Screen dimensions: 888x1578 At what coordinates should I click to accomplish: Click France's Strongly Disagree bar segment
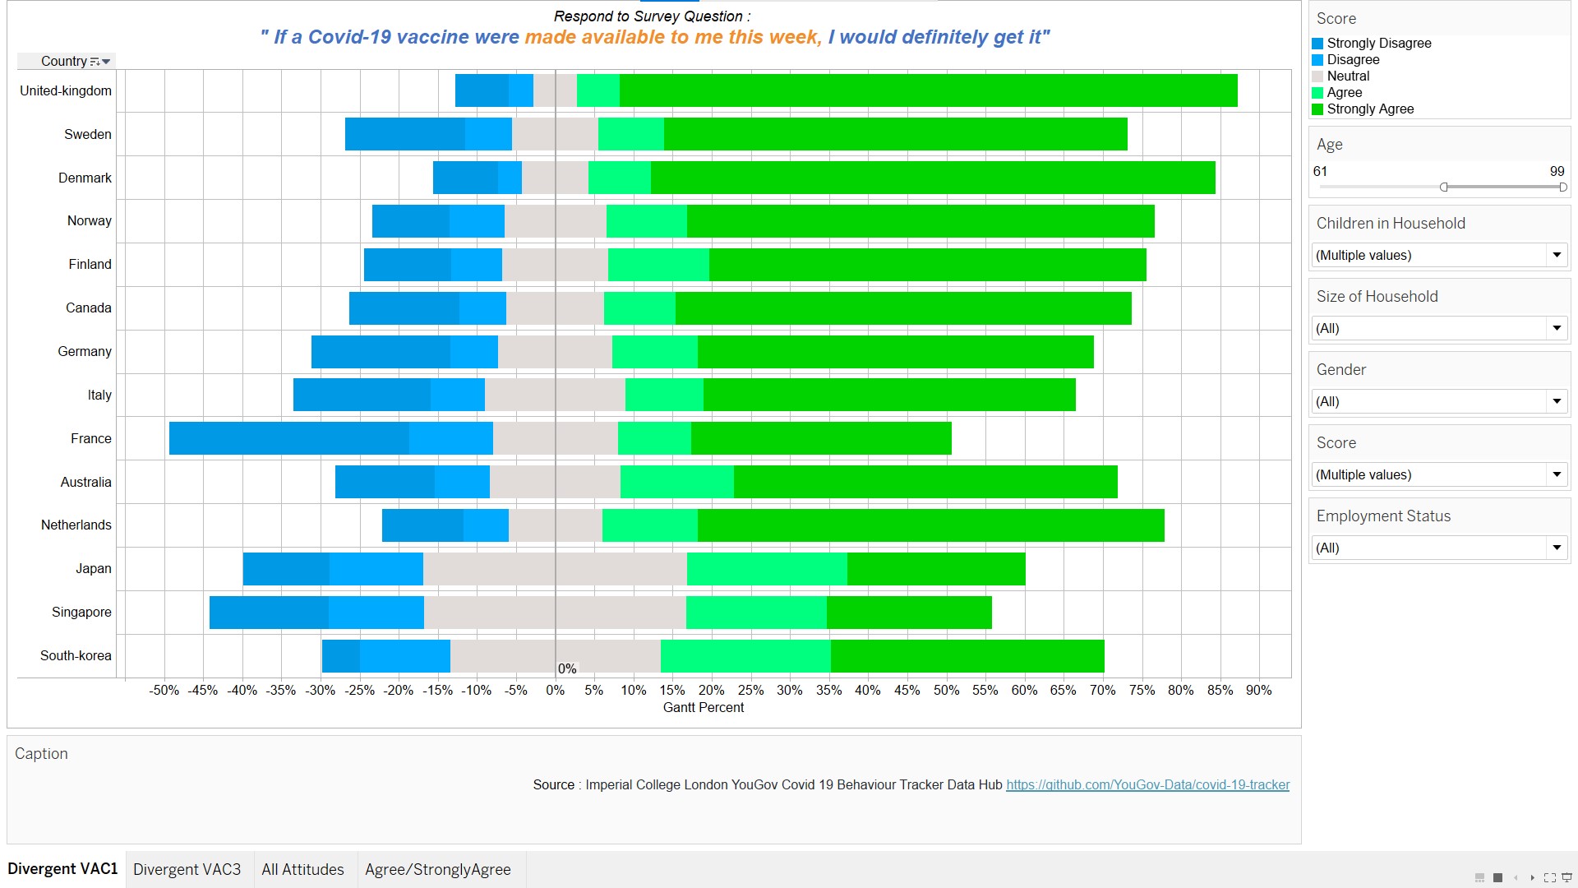[x=288, y=438]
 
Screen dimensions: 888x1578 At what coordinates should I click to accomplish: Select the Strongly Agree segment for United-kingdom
[x=928, y=90]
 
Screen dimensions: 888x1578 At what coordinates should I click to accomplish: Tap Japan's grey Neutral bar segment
[x=555, y=569]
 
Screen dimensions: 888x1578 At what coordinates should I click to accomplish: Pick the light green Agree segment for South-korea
[x=745, y=656]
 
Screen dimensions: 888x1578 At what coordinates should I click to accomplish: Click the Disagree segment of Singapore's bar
[x=376, y=613]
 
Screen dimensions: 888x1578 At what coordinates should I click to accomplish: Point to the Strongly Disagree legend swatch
[x=1317, y=44]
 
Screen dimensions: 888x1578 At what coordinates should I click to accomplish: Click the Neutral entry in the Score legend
[x=1348, y=76]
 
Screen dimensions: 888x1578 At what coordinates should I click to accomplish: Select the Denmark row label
[x=85, y=178]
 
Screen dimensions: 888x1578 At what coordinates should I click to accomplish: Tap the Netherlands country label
[x=76, y=525]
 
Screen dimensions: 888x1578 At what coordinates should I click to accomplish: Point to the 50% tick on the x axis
[x=946, y=691]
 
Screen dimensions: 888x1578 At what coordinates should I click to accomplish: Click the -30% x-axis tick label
[x=320, y=691]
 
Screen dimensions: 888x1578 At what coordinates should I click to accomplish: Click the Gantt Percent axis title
[x=703, y=708]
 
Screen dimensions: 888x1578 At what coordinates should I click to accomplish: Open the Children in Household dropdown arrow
[x=1556, y=256]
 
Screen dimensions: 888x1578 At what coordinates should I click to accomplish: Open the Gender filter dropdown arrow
[x=1556, y=402]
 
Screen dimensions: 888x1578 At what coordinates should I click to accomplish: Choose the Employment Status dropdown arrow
[x=1556, y=548]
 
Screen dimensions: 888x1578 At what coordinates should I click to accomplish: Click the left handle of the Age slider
[x=1444, y=187]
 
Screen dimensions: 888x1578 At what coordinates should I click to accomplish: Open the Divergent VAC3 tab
[x=187, y=870]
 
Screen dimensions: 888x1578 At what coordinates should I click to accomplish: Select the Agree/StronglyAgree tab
[x=437, y=870]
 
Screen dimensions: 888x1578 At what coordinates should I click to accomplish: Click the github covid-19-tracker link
[x=1147, y=785]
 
